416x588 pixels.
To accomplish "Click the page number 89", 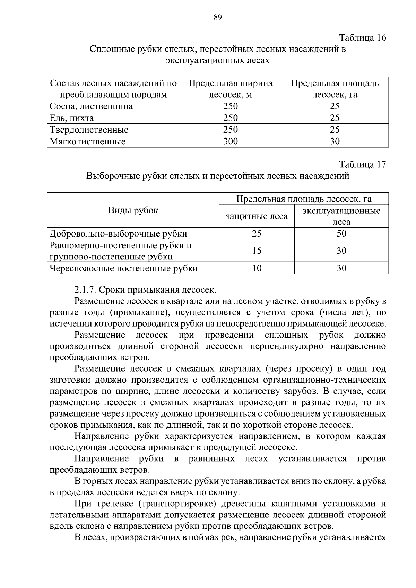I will pyautogui.click(x=218, y=18).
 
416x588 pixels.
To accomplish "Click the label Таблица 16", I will pyautogui.click(x=362, y=37).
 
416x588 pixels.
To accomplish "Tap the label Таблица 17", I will pyautogui.click(x=362, y=164).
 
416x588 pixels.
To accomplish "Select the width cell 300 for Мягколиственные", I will pyautogui.click(x=230, y=141).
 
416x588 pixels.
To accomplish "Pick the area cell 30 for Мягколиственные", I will pyautogui.click(x=335, y=141).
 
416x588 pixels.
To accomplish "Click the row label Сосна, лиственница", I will pyautogui.click(x=91, y=106).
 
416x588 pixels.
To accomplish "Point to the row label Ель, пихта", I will pyautogui.click(x=72, y=118).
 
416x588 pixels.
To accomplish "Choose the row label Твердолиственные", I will pyautogui.click(x=89, y=130).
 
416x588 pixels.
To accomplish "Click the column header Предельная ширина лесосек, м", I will pyautogui.click(x=230, y=89).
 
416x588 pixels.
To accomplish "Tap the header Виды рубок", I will pyautogui.click(x=133, y=210).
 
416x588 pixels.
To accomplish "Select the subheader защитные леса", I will pyautogui.click(x=257, y=216).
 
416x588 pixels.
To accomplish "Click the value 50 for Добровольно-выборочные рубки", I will pyautogui.click(x=341, y=233).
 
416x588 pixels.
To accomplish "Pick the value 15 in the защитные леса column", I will pyautogui.click(x=257, y=251).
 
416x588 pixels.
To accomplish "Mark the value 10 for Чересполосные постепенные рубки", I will pyautogui.click(x=257, y=268).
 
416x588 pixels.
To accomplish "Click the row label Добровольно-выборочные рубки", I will pyautogui.click(x=118, y=234).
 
